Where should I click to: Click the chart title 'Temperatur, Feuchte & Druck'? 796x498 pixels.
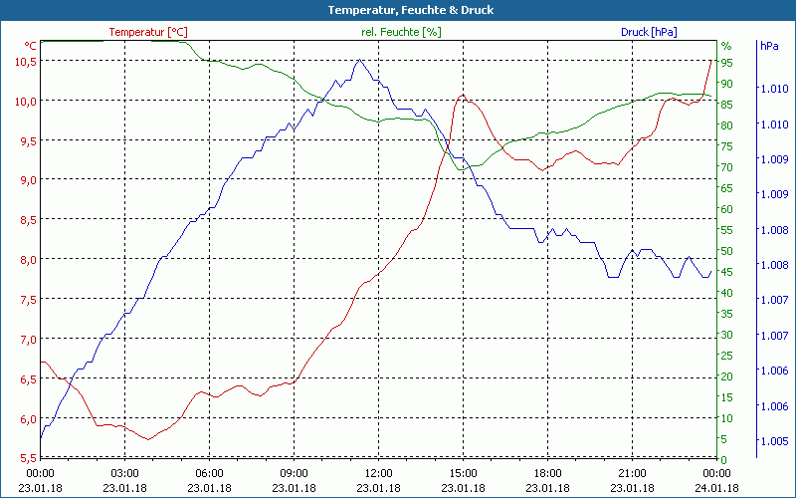click(x=398, y=10)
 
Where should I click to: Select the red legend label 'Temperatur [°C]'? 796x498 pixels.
click(x=148, y=32)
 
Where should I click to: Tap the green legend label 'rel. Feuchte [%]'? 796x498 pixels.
click(x=400, y=32)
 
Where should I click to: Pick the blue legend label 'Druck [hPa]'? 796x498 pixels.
click(x=649, y=32)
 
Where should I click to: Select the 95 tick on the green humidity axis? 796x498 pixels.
click(x=727, y=62)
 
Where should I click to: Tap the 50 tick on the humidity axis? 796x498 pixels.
click(x=727, y=250)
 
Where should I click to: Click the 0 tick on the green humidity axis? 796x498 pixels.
click(x=725, y=459)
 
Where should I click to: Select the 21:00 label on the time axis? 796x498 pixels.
click(x=632, y=473)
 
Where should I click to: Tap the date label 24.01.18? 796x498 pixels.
click(x=716, y=487)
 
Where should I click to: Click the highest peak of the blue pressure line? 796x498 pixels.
click(x=359, y=61)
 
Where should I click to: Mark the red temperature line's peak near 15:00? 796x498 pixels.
click(x=463, y=96)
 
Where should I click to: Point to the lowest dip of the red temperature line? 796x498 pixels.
click(x=147, y=438)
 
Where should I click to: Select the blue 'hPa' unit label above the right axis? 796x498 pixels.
click(x=769, y=46)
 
